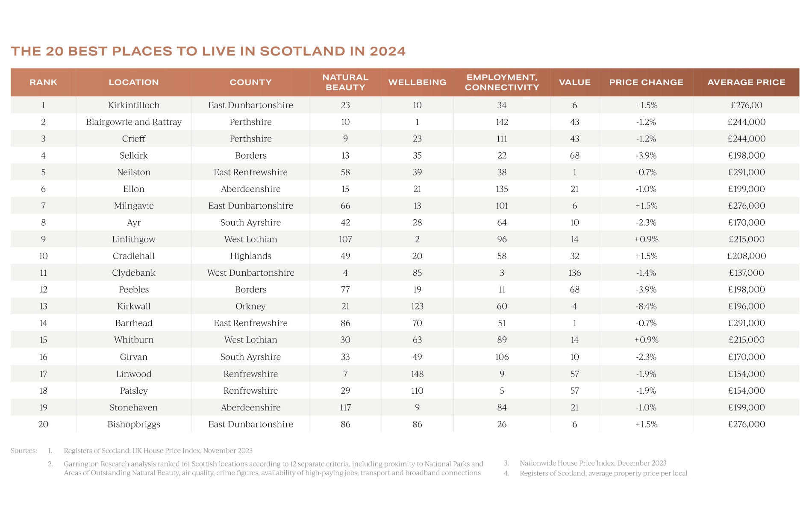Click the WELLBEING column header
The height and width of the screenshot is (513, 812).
coord(417,82)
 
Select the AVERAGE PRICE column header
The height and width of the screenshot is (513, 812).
coord(746,82)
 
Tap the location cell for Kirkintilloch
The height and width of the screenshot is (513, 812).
coord(134,105)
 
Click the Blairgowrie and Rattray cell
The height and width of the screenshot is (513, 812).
coord(134,122)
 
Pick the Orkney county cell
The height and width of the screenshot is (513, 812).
coord(250,306)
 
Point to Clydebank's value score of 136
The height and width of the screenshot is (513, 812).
coord(574,273)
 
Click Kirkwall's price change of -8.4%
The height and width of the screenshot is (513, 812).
coord(646,306)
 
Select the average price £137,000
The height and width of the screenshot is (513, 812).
coord(746,273)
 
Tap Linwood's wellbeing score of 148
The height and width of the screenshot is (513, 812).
coord(417,374)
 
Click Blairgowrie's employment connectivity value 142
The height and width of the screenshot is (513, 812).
coord(502,122)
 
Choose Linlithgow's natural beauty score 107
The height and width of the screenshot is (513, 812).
coord(345,239)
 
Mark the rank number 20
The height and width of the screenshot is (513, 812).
coord(43,424)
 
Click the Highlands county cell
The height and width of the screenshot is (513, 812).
coord(250,256)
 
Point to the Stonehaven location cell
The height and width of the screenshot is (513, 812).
coord(134,407)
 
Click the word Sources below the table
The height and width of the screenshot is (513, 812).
coord(24,451)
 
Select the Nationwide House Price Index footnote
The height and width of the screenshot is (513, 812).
coord(593,463)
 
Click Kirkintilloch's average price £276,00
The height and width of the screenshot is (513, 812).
coord(746,105)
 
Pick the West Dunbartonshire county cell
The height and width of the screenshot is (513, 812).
coord(250,273)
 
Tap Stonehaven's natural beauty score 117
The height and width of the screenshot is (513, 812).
coord(345,407)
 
